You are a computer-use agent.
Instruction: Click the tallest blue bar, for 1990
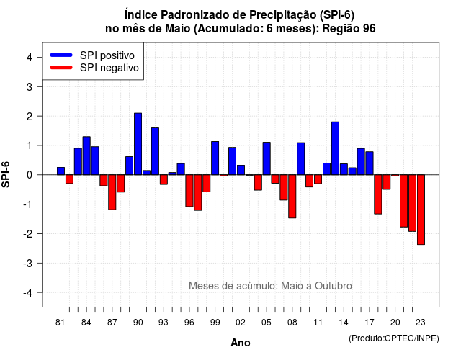pyautogui.click(x=138, y=144)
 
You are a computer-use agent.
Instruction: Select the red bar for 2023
pyautogui.click(x=421, y=210)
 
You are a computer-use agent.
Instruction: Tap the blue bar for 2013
pyautogui.click(x=335, y=148)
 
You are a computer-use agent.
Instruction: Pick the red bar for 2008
pyautogui.click(x=292, y=197)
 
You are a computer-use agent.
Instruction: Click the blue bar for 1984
pyautogui.click(x=86, y=156)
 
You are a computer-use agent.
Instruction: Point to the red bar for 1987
pyautogui.click(x=112, y=192)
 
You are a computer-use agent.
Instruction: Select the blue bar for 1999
pyautogui.click(x=215, y=158)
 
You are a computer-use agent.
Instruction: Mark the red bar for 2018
pyautogui.click(x=377, y=194)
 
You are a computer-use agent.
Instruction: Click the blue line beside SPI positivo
pyautogui.click(x=61, y=55)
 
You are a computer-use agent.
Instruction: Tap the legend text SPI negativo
pyautogui.click(x=109, y=68)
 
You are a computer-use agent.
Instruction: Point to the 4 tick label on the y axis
pyautogui.click(x=30, y=58)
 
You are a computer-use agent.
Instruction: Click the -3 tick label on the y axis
pyautogui.click(x=28, y=264)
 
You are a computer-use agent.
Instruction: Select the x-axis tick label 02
pyautogui.click(x=241, y=323)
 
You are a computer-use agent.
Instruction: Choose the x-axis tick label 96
pyautogui.click(x=189, y=323)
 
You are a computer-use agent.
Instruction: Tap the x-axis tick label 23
pyautogui.click(x=421, y=323)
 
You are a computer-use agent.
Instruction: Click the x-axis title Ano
pyautogui.click(x=241, y=343)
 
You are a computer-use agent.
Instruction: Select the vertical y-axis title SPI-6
pyautogui.click(x=6, y=174)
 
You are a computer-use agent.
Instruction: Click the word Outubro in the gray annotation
pyautogui.click(x=334, y=286)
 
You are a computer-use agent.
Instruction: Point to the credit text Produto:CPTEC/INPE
pyautogui.click(x=394, y=338)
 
